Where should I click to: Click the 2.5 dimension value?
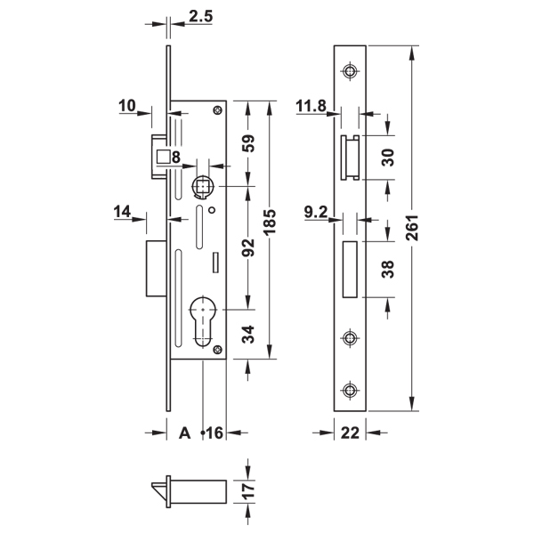pyautogui.click(x=199, y=16)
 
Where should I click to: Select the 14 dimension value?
pyautogui.click(x=124, y=212)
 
